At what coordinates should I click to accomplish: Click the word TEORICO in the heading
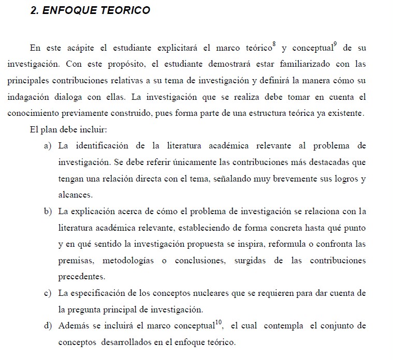[x=125, y=11]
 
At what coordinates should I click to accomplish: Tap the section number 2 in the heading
[x=34, y=11]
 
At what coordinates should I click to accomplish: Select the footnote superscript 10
[x=219, y=322]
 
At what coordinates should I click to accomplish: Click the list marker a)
[x=48, y=146]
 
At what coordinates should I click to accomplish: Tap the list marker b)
[x=48, y=211]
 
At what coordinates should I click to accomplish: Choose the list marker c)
[x=48, y=293]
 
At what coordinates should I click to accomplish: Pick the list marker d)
[x=48, y=326]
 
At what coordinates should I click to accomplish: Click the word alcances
[x=76, y=195]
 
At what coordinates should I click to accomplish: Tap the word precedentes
[x=82, y=277]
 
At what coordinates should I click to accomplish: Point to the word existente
[x=346, y=113]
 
